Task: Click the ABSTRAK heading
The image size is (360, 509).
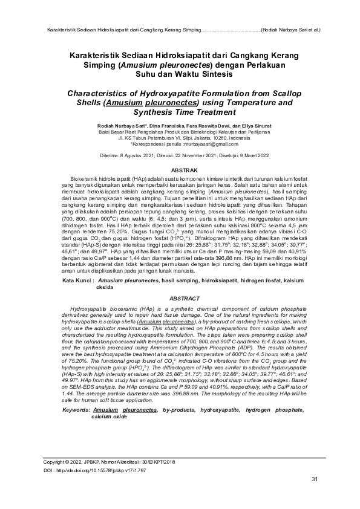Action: [180, 172]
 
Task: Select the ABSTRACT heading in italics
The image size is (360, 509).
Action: [180, 299]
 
